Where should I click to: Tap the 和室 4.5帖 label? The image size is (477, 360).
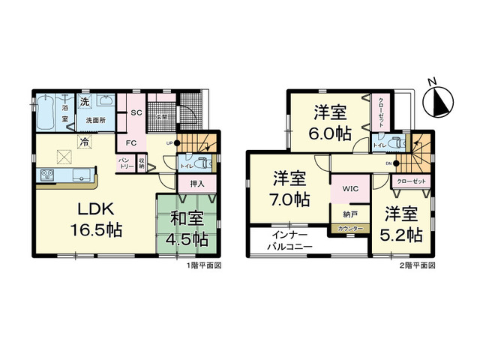187,229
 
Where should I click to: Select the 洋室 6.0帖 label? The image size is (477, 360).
330,124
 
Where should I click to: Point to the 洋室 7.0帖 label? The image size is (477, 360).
289,189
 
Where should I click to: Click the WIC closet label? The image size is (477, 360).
350,190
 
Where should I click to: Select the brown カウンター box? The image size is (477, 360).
349,228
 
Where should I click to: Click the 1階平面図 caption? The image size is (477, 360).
202,265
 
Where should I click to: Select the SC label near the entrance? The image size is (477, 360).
136,112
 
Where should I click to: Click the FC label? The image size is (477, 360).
130,142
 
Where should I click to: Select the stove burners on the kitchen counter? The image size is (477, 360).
47,176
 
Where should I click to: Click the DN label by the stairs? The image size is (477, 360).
388,162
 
